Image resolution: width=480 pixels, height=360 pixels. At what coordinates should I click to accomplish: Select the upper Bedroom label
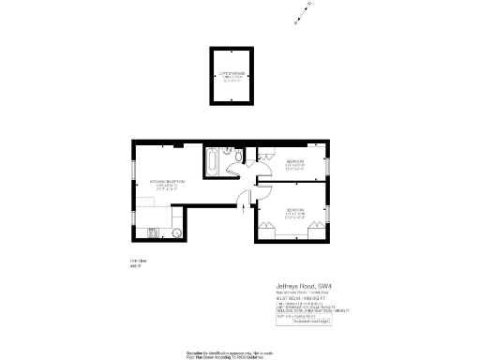coord(295,164)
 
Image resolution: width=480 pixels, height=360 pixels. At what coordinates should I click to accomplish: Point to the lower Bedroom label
coord(295,212)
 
